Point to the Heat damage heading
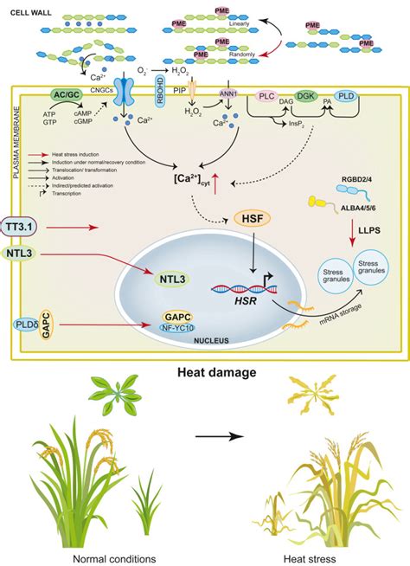tap(204, 373)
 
